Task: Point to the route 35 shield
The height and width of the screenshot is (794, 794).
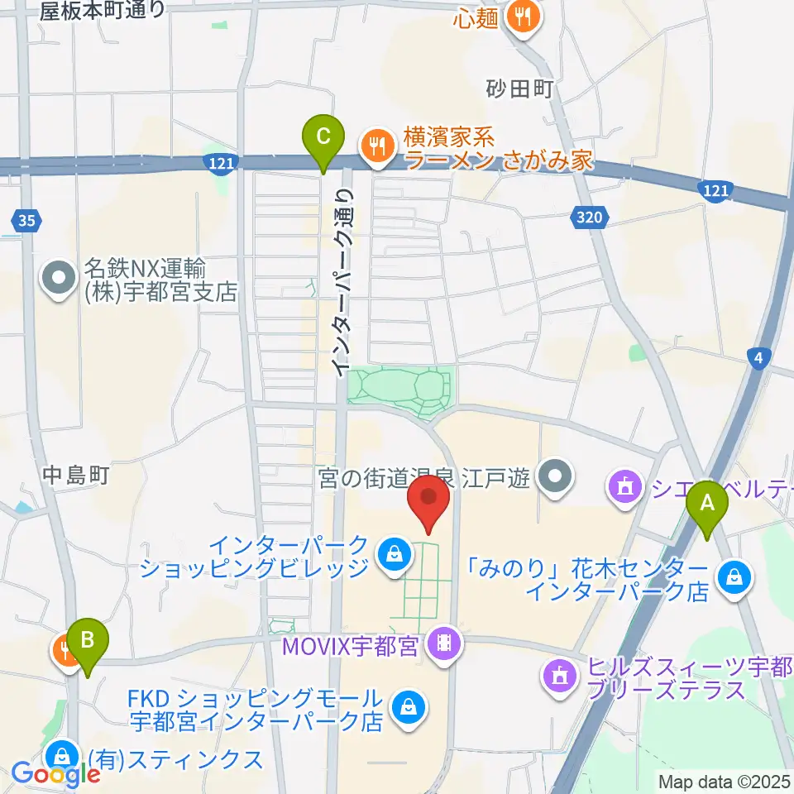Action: coord(26,220)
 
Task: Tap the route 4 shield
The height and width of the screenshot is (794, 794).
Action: coord(758,357)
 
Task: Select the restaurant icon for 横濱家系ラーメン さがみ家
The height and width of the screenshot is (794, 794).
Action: coord(377,146)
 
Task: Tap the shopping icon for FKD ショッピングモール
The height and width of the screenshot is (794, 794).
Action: coord(408,707)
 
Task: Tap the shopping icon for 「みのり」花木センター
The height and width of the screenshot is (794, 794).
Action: coord(734,578)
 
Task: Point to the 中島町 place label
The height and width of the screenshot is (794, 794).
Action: coord(77,476)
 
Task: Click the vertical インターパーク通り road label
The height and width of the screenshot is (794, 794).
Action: coord(342,280)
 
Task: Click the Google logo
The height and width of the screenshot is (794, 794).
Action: coord(56,775)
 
